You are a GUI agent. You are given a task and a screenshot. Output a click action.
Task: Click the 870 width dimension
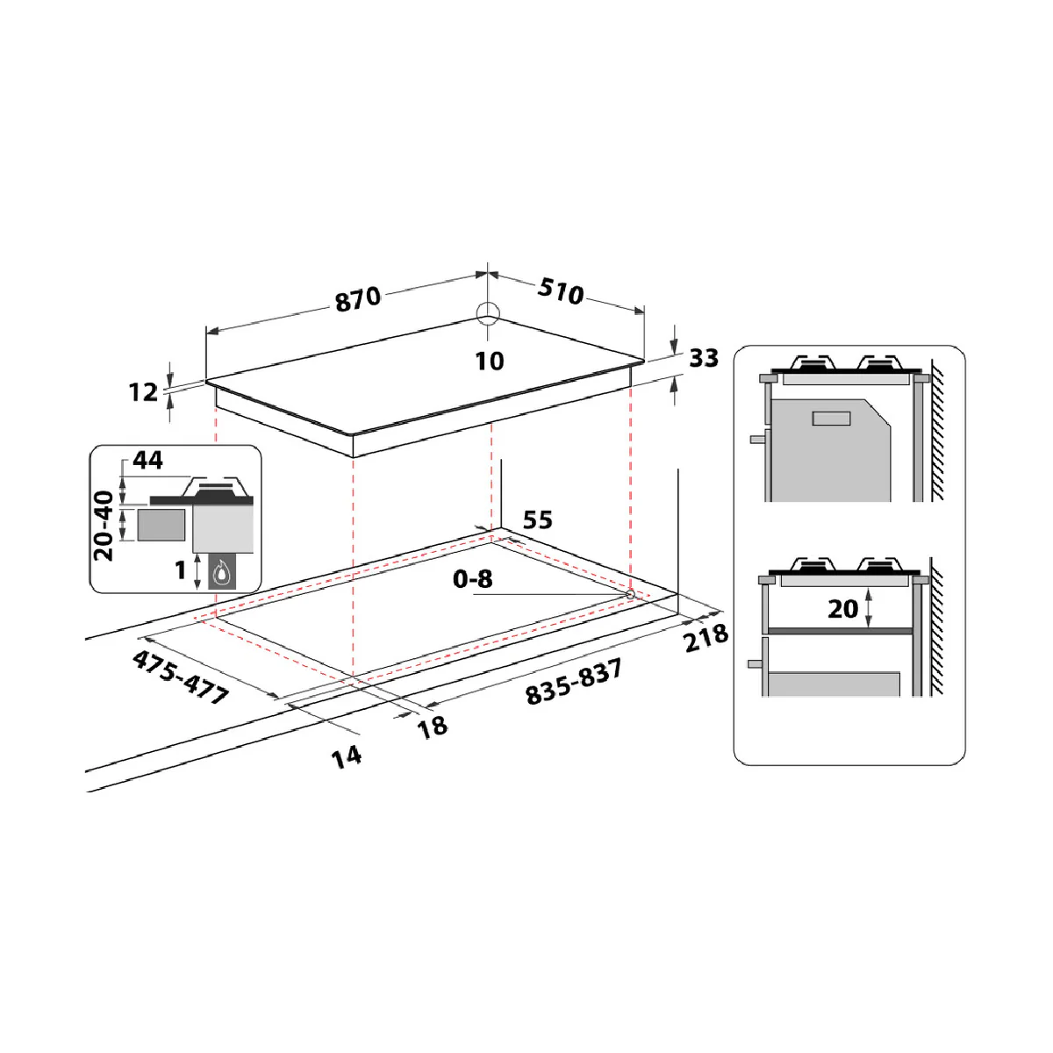358,299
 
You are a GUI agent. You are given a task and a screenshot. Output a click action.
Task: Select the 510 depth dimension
561,290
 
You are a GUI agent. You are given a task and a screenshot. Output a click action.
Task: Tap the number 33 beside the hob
703,358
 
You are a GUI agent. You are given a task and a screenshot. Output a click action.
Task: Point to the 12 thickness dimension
143,391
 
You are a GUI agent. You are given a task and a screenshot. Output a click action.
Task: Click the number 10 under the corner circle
489,362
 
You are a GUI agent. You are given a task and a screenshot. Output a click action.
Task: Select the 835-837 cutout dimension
574,682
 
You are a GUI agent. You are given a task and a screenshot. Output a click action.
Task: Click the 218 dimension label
706,638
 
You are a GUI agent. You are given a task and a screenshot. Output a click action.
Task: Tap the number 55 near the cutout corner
538,519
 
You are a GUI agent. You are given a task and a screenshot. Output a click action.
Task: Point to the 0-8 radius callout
473,578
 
